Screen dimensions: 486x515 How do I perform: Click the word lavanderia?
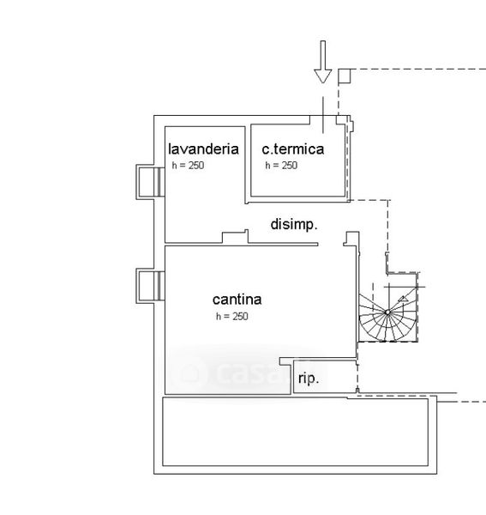203,148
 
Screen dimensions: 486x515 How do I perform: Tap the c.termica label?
293,149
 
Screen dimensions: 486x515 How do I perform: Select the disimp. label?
294,225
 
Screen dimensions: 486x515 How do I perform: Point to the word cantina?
237,300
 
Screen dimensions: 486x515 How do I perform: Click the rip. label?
309,379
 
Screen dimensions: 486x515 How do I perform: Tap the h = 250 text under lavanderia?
188,165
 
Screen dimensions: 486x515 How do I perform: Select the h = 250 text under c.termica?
281,165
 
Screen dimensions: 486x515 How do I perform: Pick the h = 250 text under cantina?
231,316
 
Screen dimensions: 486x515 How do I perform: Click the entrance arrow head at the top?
323,76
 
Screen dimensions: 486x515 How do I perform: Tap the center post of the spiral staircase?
387,312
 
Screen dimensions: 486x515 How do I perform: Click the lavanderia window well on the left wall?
150,182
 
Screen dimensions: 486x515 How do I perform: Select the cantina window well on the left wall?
150,286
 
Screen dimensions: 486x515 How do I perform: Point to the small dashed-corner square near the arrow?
345,76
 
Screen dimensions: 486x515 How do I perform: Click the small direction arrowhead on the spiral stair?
403,299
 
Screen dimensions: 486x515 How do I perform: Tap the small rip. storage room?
325,377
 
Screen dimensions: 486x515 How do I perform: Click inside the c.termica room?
297,178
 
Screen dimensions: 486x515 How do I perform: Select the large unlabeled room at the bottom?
295,432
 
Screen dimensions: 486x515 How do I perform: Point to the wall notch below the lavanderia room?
235,237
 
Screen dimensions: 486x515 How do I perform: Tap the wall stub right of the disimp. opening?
351,239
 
